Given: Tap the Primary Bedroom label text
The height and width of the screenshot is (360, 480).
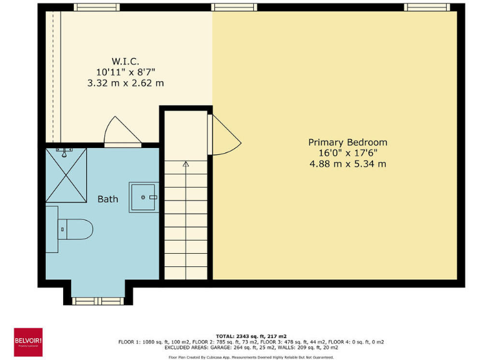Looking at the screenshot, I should point(347,142).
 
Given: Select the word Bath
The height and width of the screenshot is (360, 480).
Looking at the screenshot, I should point(107,199).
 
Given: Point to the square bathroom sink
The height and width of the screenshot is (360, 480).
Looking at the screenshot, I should point(144,197).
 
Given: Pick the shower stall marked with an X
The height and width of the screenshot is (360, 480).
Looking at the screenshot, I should point(66,177).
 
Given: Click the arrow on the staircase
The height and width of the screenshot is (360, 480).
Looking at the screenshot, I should point(186,165).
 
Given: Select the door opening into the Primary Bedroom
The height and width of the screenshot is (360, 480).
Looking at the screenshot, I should point(224,135).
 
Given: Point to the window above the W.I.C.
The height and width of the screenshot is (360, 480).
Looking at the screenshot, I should point(88,7).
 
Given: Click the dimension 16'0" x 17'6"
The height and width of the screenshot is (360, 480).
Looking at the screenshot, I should point(347,152).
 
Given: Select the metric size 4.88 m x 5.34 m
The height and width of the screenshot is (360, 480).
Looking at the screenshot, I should point(347,164).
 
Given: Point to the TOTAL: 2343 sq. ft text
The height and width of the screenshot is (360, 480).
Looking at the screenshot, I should point(251,336).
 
